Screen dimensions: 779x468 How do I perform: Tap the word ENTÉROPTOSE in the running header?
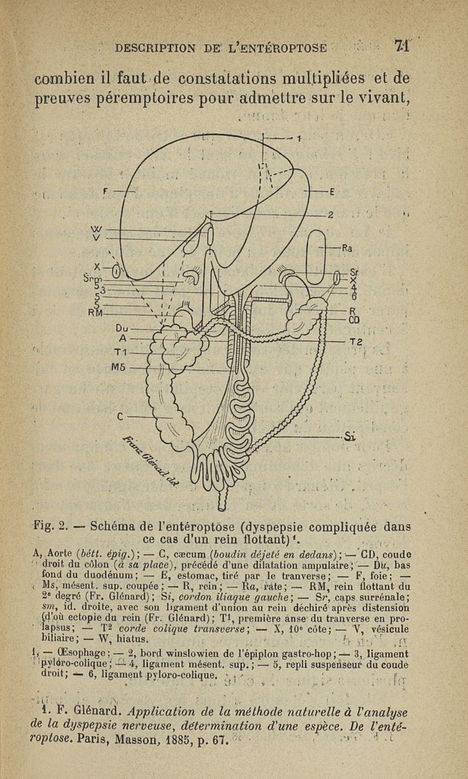click(x=284, y=47)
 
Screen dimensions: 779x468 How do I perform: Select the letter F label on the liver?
click(x=106, y=190)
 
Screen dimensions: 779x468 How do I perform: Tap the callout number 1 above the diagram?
click(x=298, y=139)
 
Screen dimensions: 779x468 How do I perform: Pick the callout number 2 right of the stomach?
click(x=331, y=215)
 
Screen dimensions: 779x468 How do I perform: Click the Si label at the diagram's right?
click(x=350, y=435)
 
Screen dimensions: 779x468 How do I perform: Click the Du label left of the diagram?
click(x=123, y=328)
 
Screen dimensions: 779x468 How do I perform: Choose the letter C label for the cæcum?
click(x=121, y=416)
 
